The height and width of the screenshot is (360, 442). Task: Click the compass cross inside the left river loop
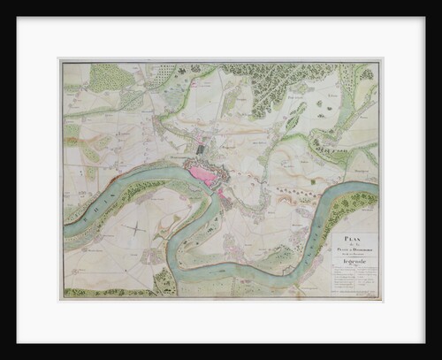[x=133, y=228]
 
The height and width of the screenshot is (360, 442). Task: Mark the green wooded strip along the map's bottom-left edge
[x=97, y=292]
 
